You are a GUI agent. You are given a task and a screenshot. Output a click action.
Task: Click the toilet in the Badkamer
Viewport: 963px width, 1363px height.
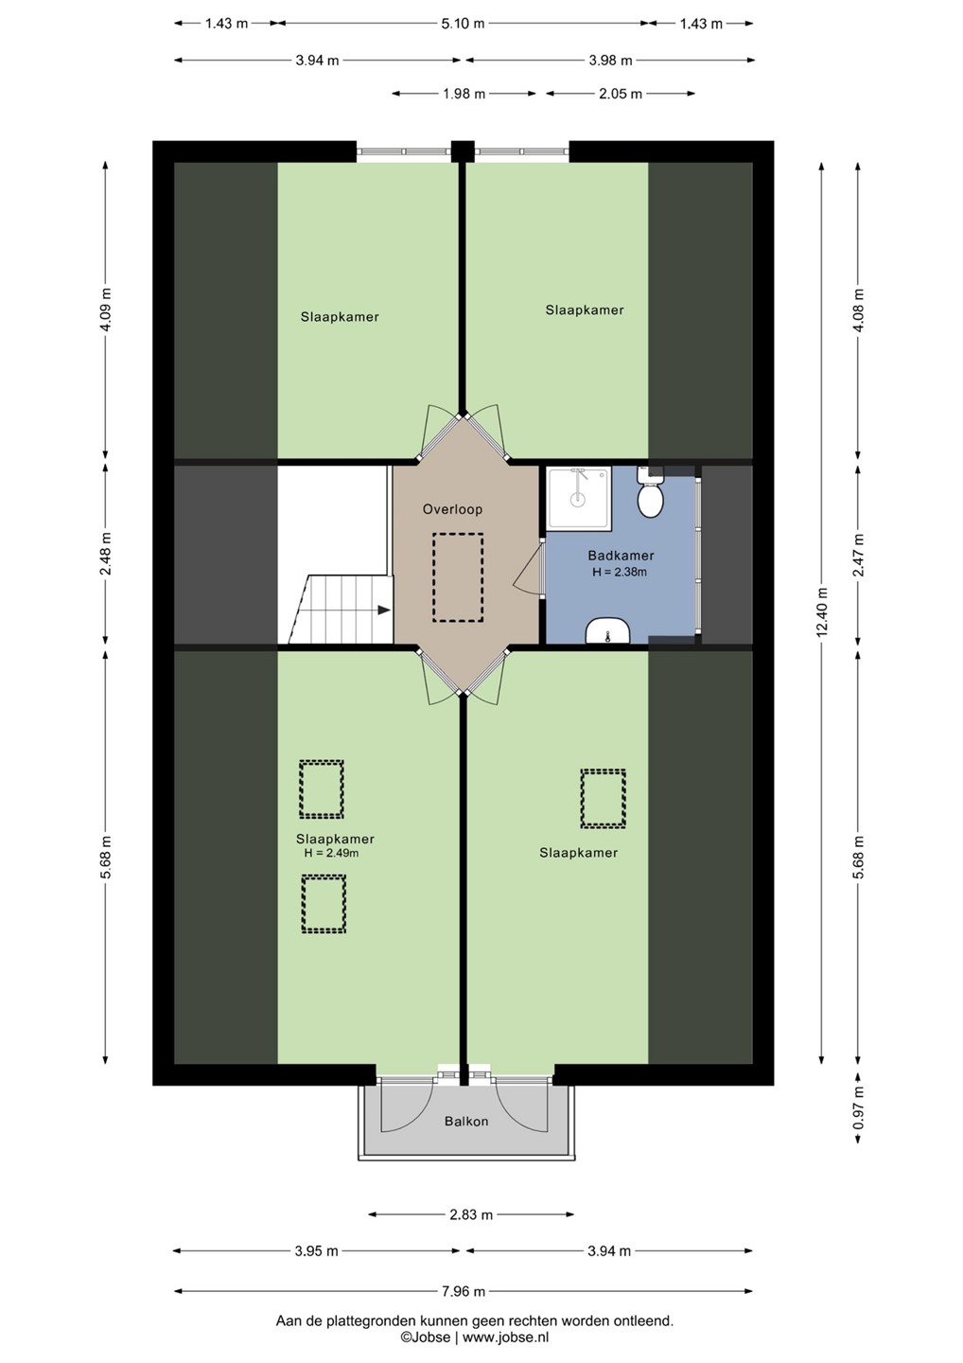[649, 493]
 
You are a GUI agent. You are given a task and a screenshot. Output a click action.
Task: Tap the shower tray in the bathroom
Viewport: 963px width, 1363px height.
[578, 498]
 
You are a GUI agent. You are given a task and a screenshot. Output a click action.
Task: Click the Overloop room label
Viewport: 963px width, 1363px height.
[452, 509]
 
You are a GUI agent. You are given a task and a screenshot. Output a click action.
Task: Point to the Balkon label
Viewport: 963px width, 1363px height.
[466, 1121]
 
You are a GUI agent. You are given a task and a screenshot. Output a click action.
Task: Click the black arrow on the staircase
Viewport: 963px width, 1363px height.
[384, 610]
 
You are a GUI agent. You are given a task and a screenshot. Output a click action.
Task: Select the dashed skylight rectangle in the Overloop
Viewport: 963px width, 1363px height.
[458, 577]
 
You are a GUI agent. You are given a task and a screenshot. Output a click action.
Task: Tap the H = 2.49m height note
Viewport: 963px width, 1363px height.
[331, 853]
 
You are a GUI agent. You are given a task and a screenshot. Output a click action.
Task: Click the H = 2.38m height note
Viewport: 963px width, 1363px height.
[620, 572]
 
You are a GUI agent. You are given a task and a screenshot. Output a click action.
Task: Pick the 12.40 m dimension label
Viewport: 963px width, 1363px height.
[822, 611]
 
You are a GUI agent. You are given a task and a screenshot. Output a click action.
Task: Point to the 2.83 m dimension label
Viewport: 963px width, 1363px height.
[471, 1215]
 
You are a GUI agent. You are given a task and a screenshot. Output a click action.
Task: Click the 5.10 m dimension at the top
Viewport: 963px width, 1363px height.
[464, 24]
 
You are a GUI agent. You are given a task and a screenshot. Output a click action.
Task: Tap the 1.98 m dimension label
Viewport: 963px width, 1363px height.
[464, 94]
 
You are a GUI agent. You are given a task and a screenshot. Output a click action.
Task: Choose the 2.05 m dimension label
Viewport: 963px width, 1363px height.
[621, 94]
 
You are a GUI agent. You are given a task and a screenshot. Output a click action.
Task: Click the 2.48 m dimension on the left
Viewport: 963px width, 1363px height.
[106, 554]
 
